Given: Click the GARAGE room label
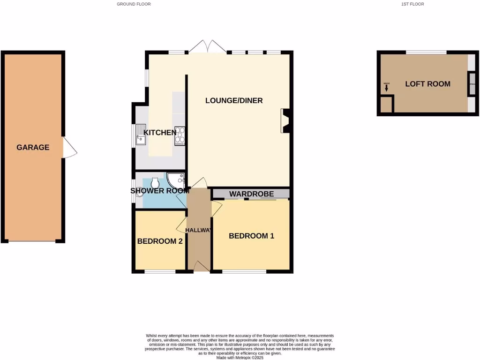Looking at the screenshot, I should coord(33,147).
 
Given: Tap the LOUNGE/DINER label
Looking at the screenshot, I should coord(234,100).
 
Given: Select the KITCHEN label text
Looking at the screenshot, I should coord(160,133).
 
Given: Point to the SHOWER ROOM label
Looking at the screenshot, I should coord(160,191).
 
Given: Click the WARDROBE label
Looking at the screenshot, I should coord(251,194).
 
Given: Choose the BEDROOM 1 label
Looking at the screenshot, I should coord(251,236).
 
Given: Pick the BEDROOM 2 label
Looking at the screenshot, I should coord(160,241).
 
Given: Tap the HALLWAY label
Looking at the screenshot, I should coord(199,230).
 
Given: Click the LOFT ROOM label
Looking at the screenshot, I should coord(427,84).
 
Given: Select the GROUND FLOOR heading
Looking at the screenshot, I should coord(134,4).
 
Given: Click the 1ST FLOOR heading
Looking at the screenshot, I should coord(412,4).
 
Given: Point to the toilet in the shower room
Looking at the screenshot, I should coord(156,181).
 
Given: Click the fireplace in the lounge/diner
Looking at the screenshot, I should coord(285,120).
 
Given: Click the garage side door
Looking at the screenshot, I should coord(70,147).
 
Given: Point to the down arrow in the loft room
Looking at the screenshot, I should coord(387,88).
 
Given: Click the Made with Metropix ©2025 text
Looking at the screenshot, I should coord(240,357).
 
